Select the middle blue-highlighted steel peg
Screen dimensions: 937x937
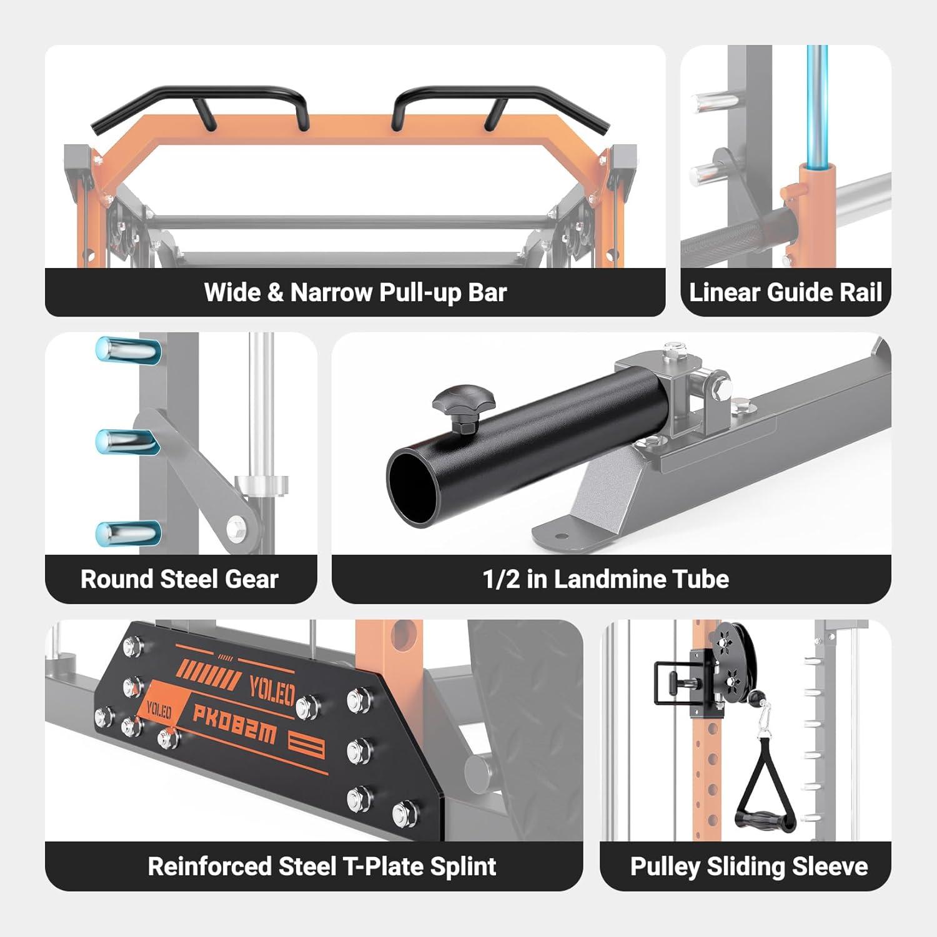coord(128,441)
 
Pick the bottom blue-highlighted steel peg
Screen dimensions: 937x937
coord(128,533)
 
